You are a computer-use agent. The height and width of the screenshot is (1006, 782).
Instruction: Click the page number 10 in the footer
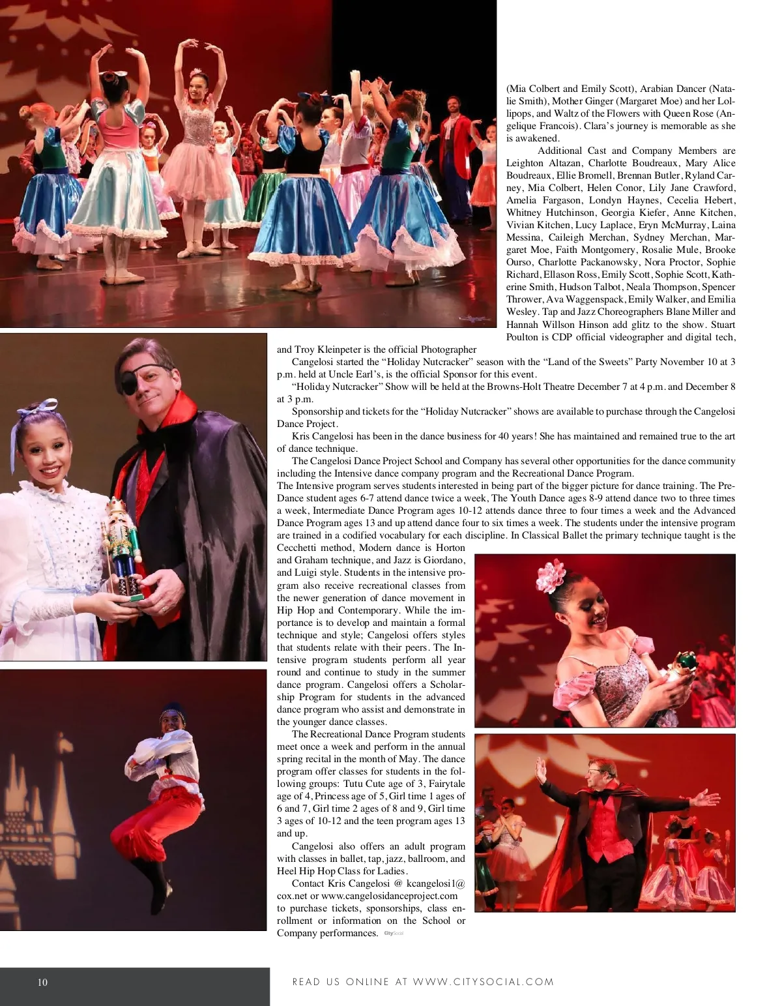click(42, 983)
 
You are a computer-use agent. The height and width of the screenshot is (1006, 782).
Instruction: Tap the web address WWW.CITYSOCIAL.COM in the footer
click(484, 982)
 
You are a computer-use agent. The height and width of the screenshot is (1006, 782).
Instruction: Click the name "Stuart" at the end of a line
click(723, 325)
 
